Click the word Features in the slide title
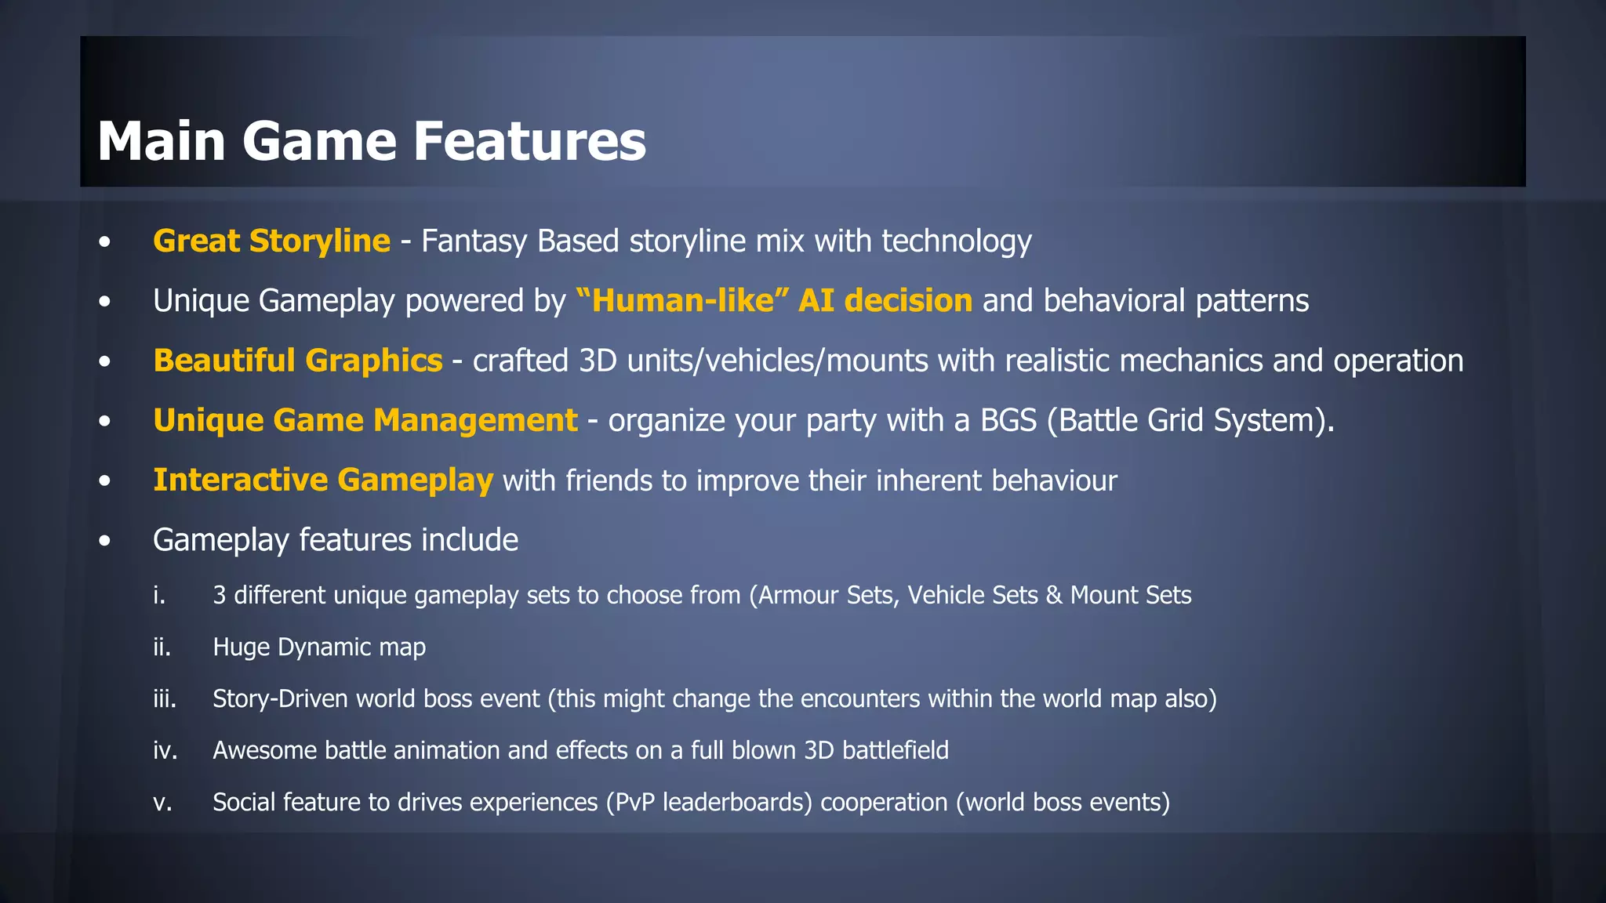pyautogui.click(x=529, y=141)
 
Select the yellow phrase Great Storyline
pyautogui.click(x=271, y=241)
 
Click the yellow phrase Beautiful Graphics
pyautogui.click(x=298, y=361)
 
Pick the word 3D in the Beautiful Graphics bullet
pyautogui.click(x=598, y=361)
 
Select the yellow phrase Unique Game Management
pyautogui.click(x=365, y=420)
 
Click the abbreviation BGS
pyautogui.click(x=1008, y=420)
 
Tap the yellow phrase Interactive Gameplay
pyautogui.click(x=323, y=480)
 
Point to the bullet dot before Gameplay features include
pyautogui.click(x=105, y=541)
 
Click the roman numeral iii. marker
pyautogui.click(x=165, y=698)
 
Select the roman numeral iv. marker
pyautogui.click(x=165, y=750)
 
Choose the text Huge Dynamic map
pyautogui.click(x=319, y=647)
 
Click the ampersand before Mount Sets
pyautogui.click(x=1054, y=595)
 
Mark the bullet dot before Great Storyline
pyautogui.click(x=105, y=242)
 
